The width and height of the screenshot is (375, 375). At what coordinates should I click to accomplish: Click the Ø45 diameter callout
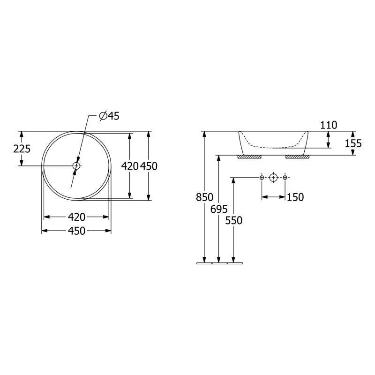point(109,116)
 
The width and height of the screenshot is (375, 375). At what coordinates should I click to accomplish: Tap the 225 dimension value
point(22,149)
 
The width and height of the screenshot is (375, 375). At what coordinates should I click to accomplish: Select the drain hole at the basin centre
point(76,165)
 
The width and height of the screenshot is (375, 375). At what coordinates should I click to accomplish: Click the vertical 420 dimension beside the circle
point(130,166)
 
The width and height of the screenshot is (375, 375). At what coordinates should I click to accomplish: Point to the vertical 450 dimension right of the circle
point(149,166)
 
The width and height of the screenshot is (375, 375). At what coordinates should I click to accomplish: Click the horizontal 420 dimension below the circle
point(76,217)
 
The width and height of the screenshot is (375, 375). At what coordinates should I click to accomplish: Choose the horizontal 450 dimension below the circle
point(76,231)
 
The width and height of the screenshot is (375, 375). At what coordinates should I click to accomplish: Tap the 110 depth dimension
point(329,125)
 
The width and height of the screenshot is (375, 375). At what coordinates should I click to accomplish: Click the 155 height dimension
point(353,143)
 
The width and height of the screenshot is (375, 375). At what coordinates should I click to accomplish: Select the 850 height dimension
point(204,197)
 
